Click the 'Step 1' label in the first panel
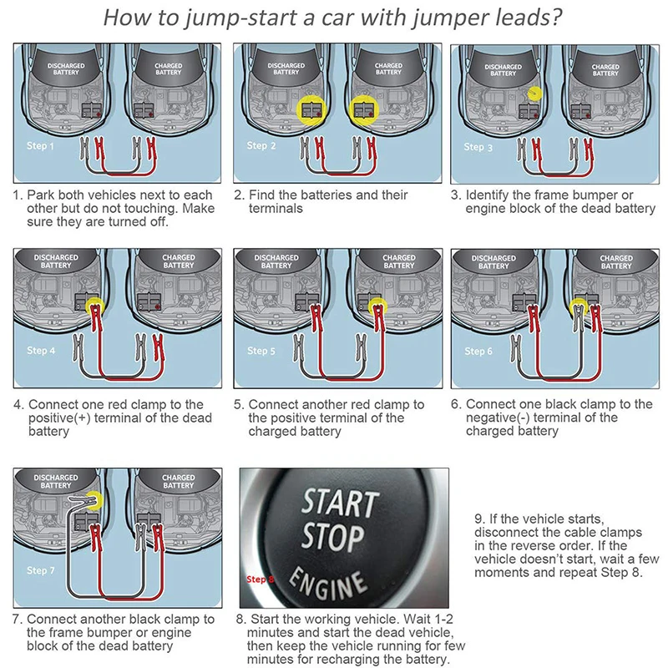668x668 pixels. [x=40, y=145]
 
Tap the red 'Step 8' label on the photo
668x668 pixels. [x=261, y=579]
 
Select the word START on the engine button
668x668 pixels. [x=340, y=503]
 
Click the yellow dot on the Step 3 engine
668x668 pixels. [x=534, y=94]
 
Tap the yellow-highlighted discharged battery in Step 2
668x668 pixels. [x=311, y=110]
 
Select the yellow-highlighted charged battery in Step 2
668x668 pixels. [x=364, y=110]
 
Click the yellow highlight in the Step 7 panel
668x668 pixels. [x=94, y=499]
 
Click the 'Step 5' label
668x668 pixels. [x=261, y=351]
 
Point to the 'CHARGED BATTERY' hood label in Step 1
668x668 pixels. [x=169, y=69]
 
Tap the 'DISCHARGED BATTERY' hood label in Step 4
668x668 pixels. [x=56, y=261]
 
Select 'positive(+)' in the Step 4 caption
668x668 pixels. [x=59, y=418]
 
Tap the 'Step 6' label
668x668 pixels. [x=478, y=351]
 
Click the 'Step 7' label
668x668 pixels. [x=40, y=570]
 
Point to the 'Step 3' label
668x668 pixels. [x=478, y=147]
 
